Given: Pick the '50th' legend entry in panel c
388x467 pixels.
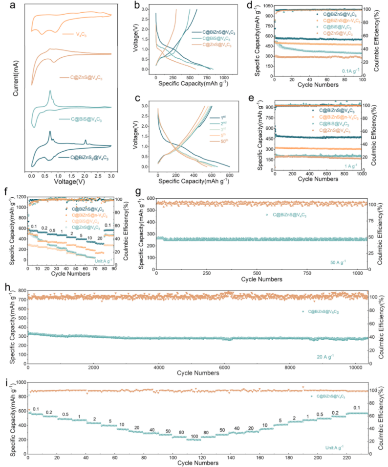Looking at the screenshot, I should pyautogui.click(x=226, y=141).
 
